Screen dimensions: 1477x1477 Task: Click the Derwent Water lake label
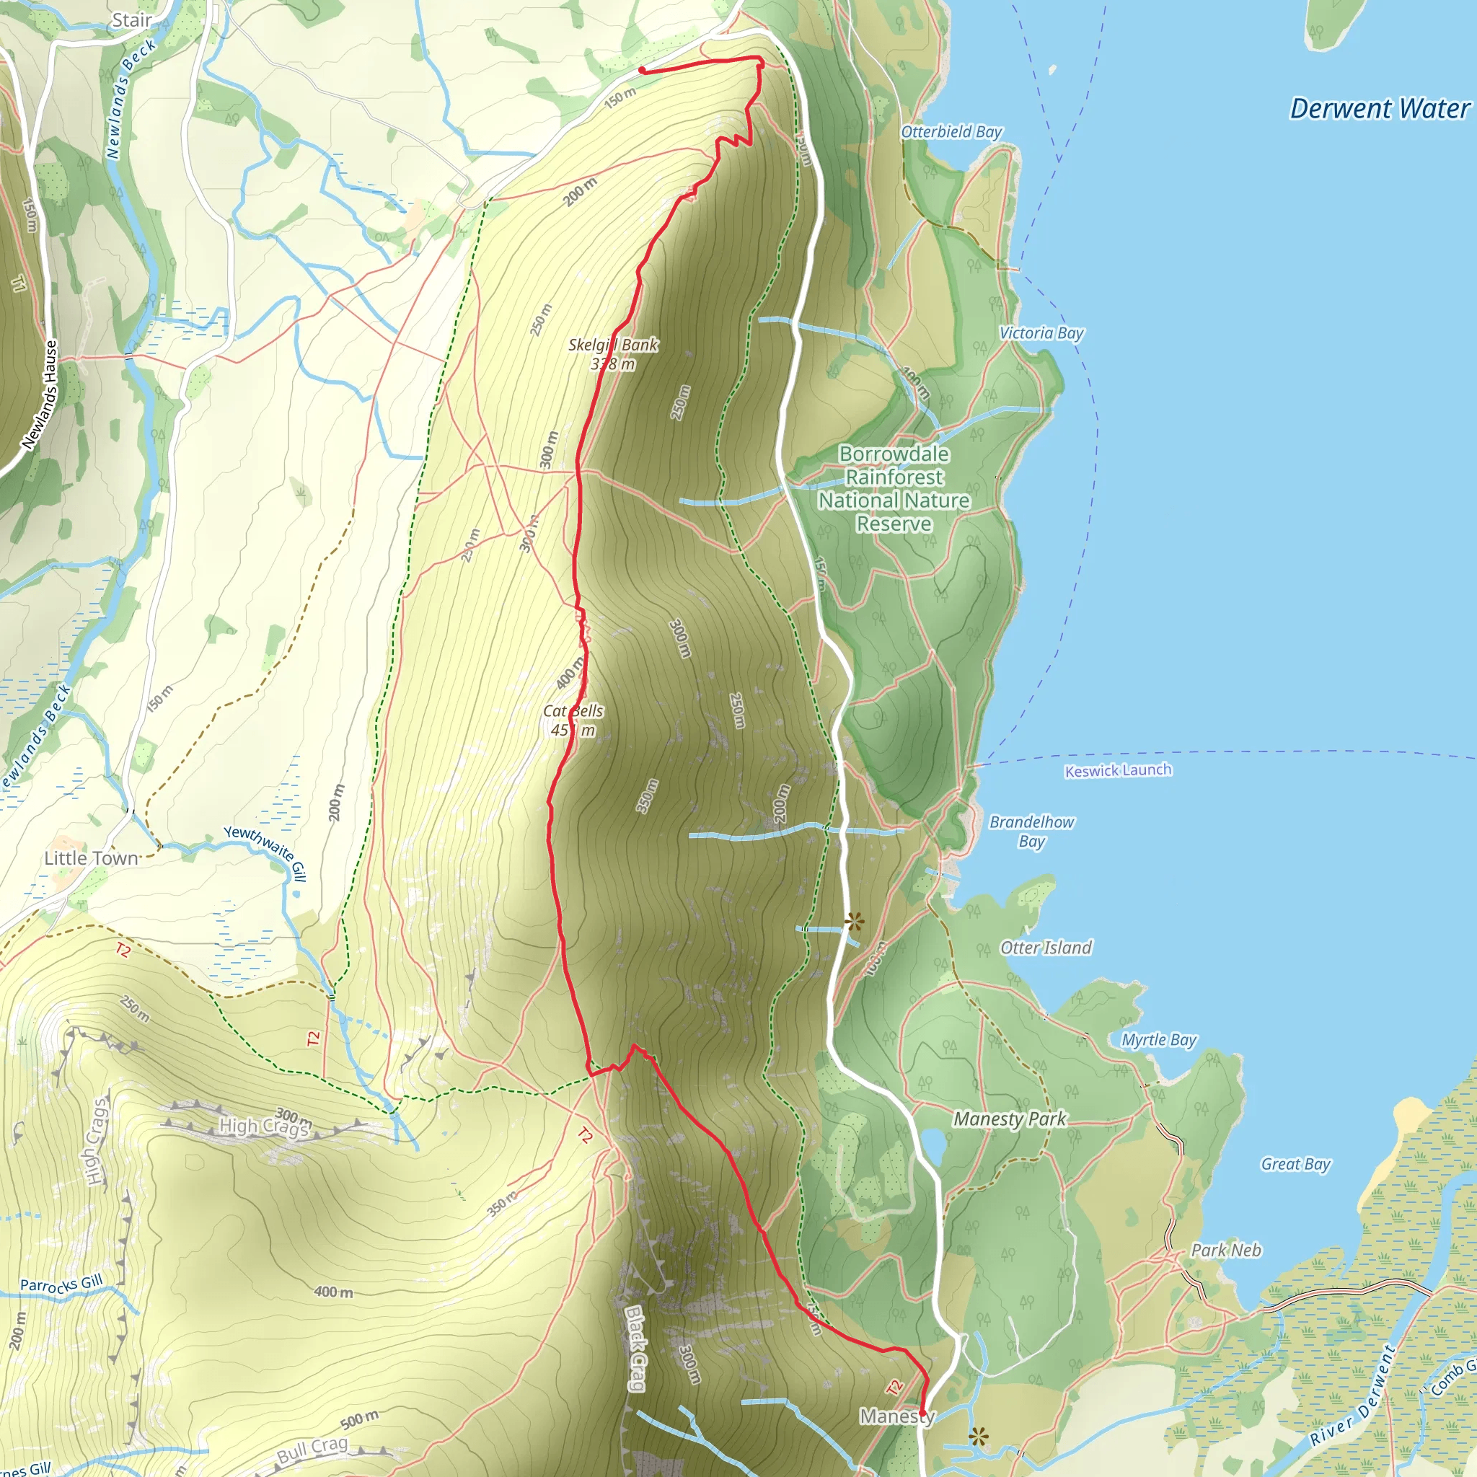pos(1379,110)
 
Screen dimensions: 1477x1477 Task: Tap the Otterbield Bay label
pos(951,131)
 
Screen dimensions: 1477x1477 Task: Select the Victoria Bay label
pos(1041,332)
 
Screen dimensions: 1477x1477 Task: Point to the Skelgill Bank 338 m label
pos(613,354)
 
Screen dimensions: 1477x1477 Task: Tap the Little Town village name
pos(91,857)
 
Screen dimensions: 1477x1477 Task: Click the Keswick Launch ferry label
pos(1118,771)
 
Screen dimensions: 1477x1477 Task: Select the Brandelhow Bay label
pos(1031,831)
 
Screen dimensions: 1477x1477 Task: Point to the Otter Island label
pos(1046,948)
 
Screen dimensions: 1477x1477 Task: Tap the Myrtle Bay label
pos(1159,1040)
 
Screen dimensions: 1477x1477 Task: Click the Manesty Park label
pos(1009,1119)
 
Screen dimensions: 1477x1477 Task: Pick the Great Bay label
pos(1296,1163)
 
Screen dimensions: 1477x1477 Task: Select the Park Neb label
pos(1226,1250)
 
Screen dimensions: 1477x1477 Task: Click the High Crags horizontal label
pos(265,1125)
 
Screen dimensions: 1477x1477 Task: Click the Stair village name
pos(131,21)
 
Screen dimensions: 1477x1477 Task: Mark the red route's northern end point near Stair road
pos(641,71)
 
